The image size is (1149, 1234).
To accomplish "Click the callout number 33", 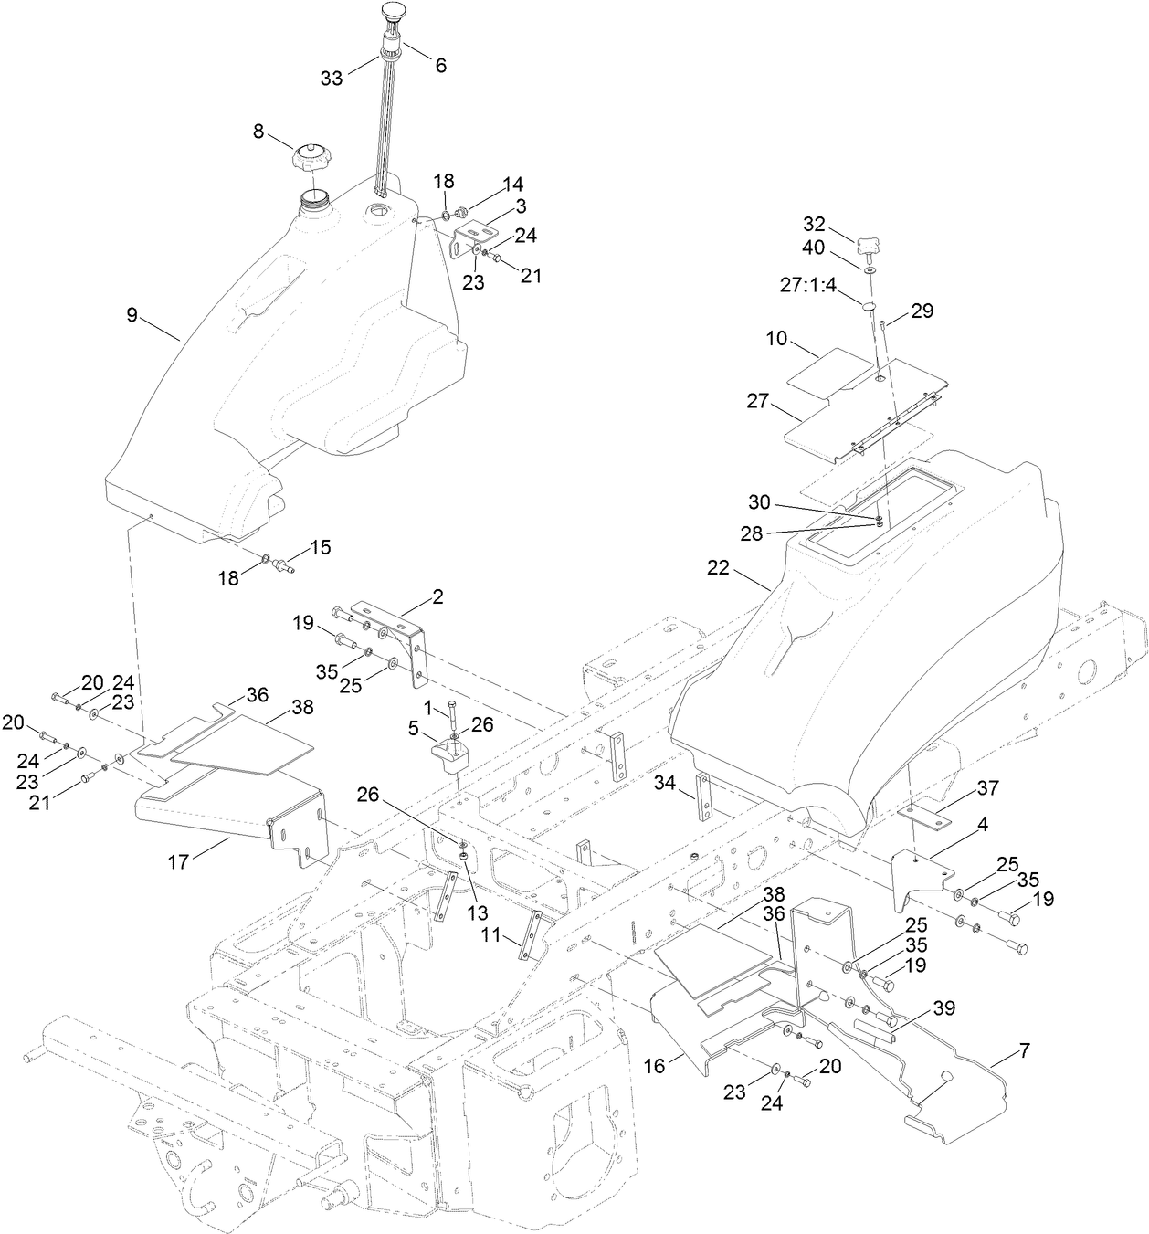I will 332,79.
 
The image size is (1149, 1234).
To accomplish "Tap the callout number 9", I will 132,315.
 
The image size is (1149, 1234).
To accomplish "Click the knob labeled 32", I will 868,245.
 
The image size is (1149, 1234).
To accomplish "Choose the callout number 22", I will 719,567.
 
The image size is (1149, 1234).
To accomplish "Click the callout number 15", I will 320,548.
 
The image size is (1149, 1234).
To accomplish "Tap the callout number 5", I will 413,731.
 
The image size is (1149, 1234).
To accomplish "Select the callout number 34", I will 665,782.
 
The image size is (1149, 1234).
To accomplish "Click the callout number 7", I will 1023,1052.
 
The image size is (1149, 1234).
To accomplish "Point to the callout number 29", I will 922,311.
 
